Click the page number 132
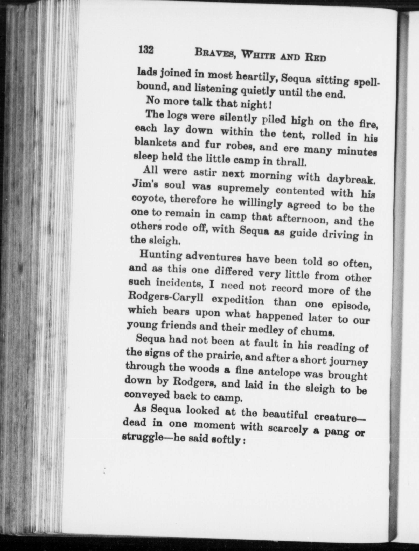[x=146, y=49]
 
